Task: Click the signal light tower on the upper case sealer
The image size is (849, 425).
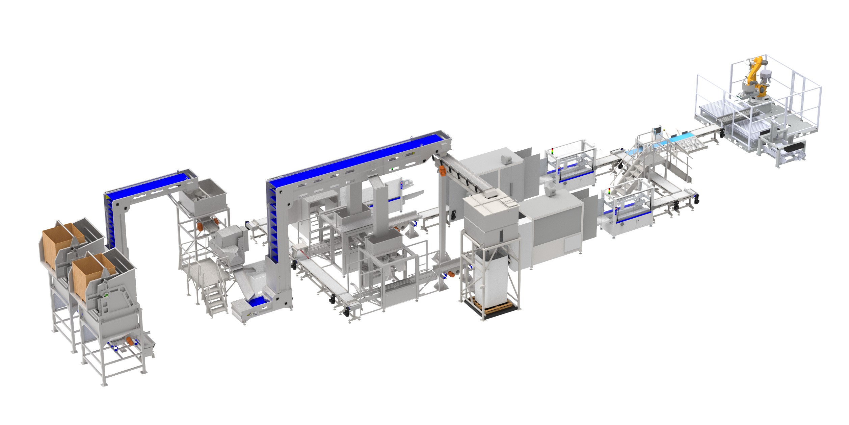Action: (x=552, y=151)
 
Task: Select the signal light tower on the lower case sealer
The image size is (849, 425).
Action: (x=609, y=191)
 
